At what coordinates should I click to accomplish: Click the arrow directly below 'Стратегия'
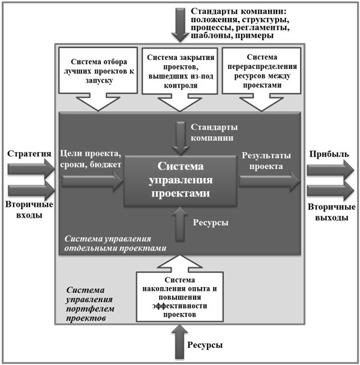(x=31, y=169)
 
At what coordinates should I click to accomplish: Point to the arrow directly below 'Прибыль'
(x=329, y=169)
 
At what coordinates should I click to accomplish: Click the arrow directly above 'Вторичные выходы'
(x=329, y=192)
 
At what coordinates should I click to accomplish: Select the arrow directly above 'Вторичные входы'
(x=31, y=192)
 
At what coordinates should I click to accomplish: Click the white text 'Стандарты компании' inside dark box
(x=213, y=133)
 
